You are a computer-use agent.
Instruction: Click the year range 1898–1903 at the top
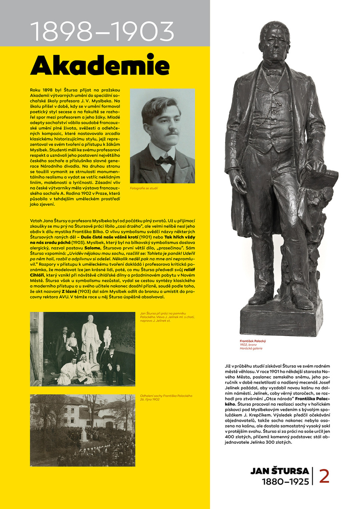pos(102,31)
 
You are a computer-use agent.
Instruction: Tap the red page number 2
pos(324,476)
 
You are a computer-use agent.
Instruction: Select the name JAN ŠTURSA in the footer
pos(280,471)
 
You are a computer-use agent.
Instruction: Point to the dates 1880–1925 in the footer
pos(285,481)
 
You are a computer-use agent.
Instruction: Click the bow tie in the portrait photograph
pos(165,160)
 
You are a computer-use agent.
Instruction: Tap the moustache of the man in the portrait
pos(171,132)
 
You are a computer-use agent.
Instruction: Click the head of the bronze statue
pos(275,40)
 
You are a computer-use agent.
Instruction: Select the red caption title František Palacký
pos(253,341)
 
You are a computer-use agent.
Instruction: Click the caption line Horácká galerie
pos(251,349)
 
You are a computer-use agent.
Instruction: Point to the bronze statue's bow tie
pos(275,73)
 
